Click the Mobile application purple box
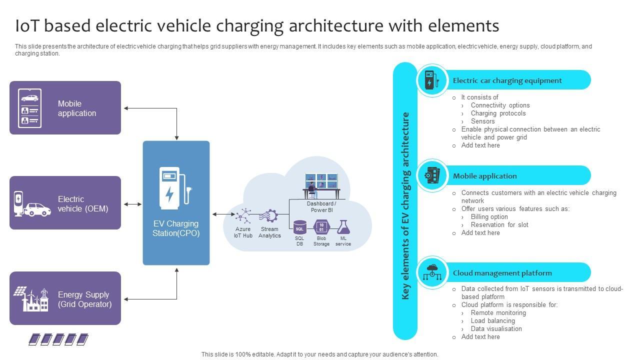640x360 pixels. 65,108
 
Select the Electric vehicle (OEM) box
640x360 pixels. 65,203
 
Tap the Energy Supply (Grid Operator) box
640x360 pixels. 65,298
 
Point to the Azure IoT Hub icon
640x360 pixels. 243,215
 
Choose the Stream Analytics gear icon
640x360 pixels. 269,216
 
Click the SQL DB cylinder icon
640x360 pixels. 299,227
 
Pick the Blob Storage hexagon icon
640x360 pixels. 321,227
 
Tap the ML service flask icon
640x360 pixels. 343,227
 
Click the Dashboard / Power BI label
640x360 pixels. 321,207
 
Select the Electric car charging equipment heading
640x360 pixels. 507,80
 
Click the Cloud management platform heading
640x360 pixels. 502,273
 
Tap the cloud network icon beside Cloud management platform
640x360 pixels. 432,272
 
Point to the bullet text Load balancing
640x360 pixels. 492,321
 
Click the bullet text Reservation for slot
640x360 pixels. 499,225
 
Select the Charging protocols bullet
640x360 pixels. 498,113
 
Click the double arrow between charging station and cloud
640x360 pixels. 223,214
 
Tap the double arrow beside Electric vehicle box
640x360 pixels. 132,204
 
